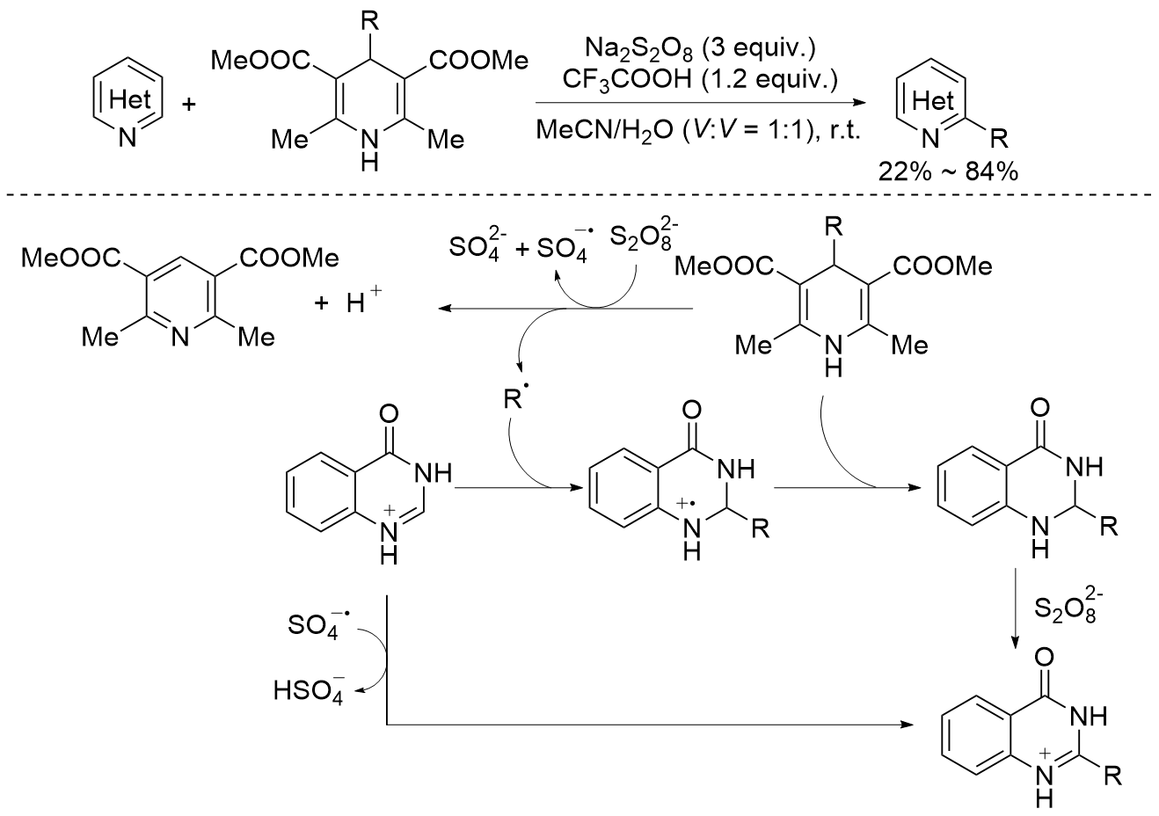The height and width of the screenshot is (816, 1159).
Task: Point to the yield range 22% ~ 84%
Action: [948, 171]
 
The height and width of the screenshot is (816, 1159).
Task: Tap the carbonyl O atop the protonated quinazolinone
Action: [391, 412]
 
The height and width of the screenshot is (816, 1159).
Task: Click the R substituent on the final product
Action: [1112, 776]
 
